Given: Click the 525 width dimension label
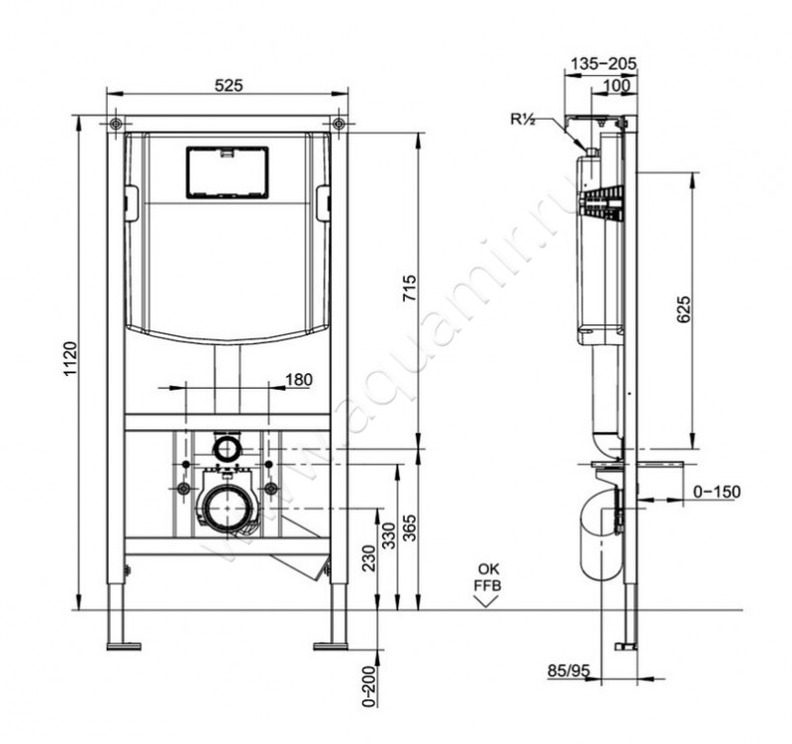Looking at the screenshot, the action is [229, 86].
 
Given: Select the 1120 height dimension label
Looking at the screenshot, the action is [70, 358].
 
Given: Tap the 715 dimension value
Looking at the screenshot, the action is [410, 288].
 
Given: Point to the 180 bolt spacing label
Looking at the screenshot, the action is [299, 379].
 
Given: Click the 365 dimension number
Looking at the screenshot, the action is [410, 527].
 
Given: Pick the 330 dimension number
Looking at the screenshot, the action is [388, 536].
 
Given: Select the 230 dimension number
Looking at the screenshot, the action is [369, 558].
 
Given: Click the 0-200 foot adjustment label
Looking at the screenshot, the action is [369, 687].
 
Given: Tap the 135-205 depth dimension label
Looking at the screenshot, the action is [604, 63].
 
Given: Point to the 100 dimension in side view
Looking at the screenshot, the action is [617, 85].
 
